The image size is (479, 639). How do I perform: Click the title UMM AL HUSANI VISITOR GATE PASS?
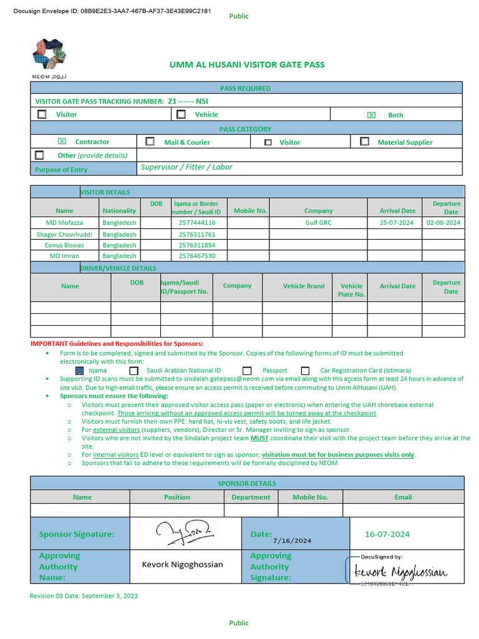tap(247, 65)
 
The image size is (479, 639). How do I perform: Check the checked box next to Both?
tap(371, 115)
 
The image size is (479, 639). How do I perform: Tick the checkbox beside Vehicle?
tap(181, 114)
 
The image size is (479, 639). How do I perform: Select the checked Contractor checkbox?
tap(62, 142)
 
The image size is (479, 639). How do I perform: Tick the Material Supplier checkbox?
tap(364, 142)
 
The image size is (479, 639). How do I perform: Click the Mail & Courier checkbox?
tap(150, 142)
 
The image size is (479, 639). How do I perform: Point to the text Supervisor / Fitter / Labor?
tap(186, 167)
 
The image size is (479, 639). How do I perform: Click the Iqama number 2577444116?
tap(196, 222)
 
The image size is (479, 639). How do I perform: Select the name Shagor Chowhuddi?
tap(64, 234)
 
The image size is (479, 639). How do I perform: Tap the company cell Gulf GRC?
tap(318, 222)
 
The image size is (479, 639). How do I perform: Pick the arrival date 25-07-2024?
tap(397, 222)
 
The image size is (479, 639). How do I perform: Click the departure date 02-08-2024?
tap(443, 222)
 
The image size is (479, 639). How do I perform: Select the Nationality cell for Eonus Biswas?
tap(119, 245)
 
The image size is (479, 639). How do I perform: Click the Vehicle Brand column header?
tap(303, 286)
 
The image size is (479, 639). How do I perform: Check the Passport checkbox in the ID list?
tap(247, 370)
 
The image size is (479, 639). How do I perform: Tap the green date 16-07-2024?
tap(387, 534)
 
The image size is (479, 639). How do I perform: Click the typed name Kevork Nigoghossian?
tap(182, 564)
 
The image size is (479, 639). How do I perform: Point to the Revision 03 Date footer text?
tap(84, 596)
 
